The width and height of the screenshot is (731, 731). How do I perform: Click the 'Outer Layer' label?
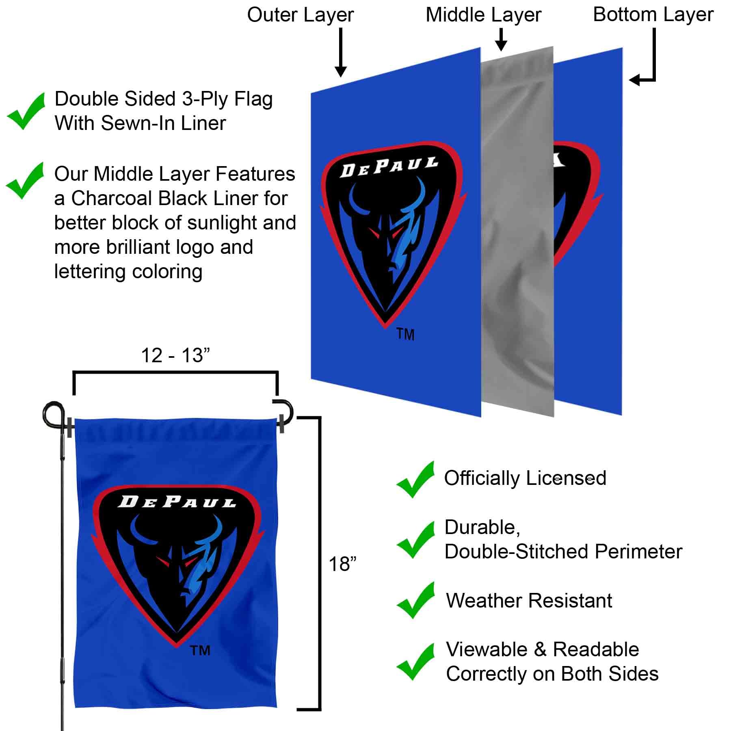(x=300, y=15)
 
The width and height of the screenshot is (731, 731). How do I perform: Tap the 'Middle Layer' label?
(x=483, y=15)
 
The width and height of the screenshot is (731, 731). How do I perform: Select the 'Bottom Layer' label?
(x=653, y=15)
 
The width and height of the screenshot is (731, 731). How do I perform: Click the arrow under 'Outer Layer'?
(x=341, y=53)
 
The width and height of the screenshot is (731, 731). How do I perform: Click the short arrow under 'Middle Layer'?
(x=502, y=40)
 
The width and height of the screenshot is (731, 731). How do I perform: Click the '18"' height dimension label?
(x=342, y=564)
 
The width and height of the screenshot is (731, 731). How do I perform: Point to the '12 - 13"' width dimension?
(x=175, y=356)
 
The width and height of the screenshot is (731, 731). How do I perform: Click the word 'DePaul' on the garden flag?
(x=177, y=502)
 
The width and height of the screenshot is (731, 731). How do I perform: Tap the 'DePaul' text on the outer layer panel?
(x=389, y=167)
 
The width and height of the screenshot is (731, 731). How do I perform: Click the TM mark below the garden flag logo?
(x=200, y=651)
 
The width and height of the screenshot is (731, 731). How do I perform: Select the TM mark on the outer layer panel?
(x=405, y=335)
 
